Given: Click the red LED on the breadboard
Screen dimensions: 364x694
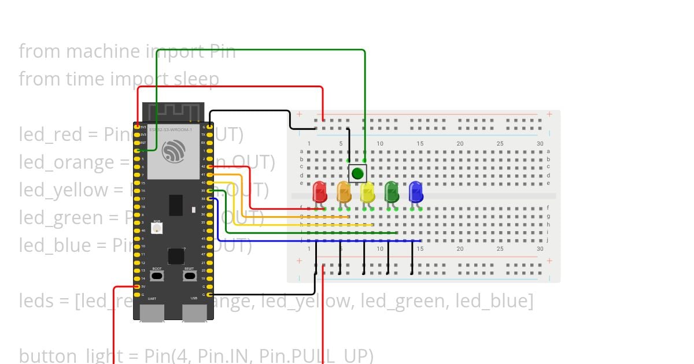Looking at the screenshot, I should [x=319, y=192].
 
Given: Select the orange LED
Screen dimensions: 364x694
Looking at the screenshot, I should [x=344, y=192].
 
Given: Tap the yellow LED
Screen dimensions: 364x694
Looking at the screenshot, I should [x=368, y=192].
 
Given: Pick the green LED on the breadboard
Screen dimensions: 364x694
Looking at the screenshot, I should [x=392, y=192].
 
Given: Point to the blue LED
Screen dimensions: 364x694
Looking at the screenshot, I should [x=416, y=192].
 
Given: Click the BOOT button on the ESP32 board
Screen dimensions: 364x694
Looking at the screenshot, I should [x=157, y=276].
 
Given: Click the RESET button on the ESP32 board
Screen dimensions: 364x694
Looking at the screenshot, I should [x=189, y=276].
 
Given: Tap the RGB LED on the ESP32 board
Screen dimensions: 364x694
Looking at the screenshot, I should [x=156, y=228].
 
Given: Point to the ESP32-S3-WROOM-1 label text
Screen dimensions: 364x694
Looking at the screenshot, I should [x=171, y=129].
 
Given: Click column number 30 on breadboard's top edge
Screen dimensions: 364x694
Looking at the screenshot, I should [x=540, y=143].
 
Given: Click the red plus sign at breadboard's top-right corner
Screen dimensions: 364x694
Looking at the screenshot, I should [x=549, y=114].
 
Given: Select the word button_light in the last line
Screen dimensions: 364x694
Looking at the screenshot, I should [x=71, y=355].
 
